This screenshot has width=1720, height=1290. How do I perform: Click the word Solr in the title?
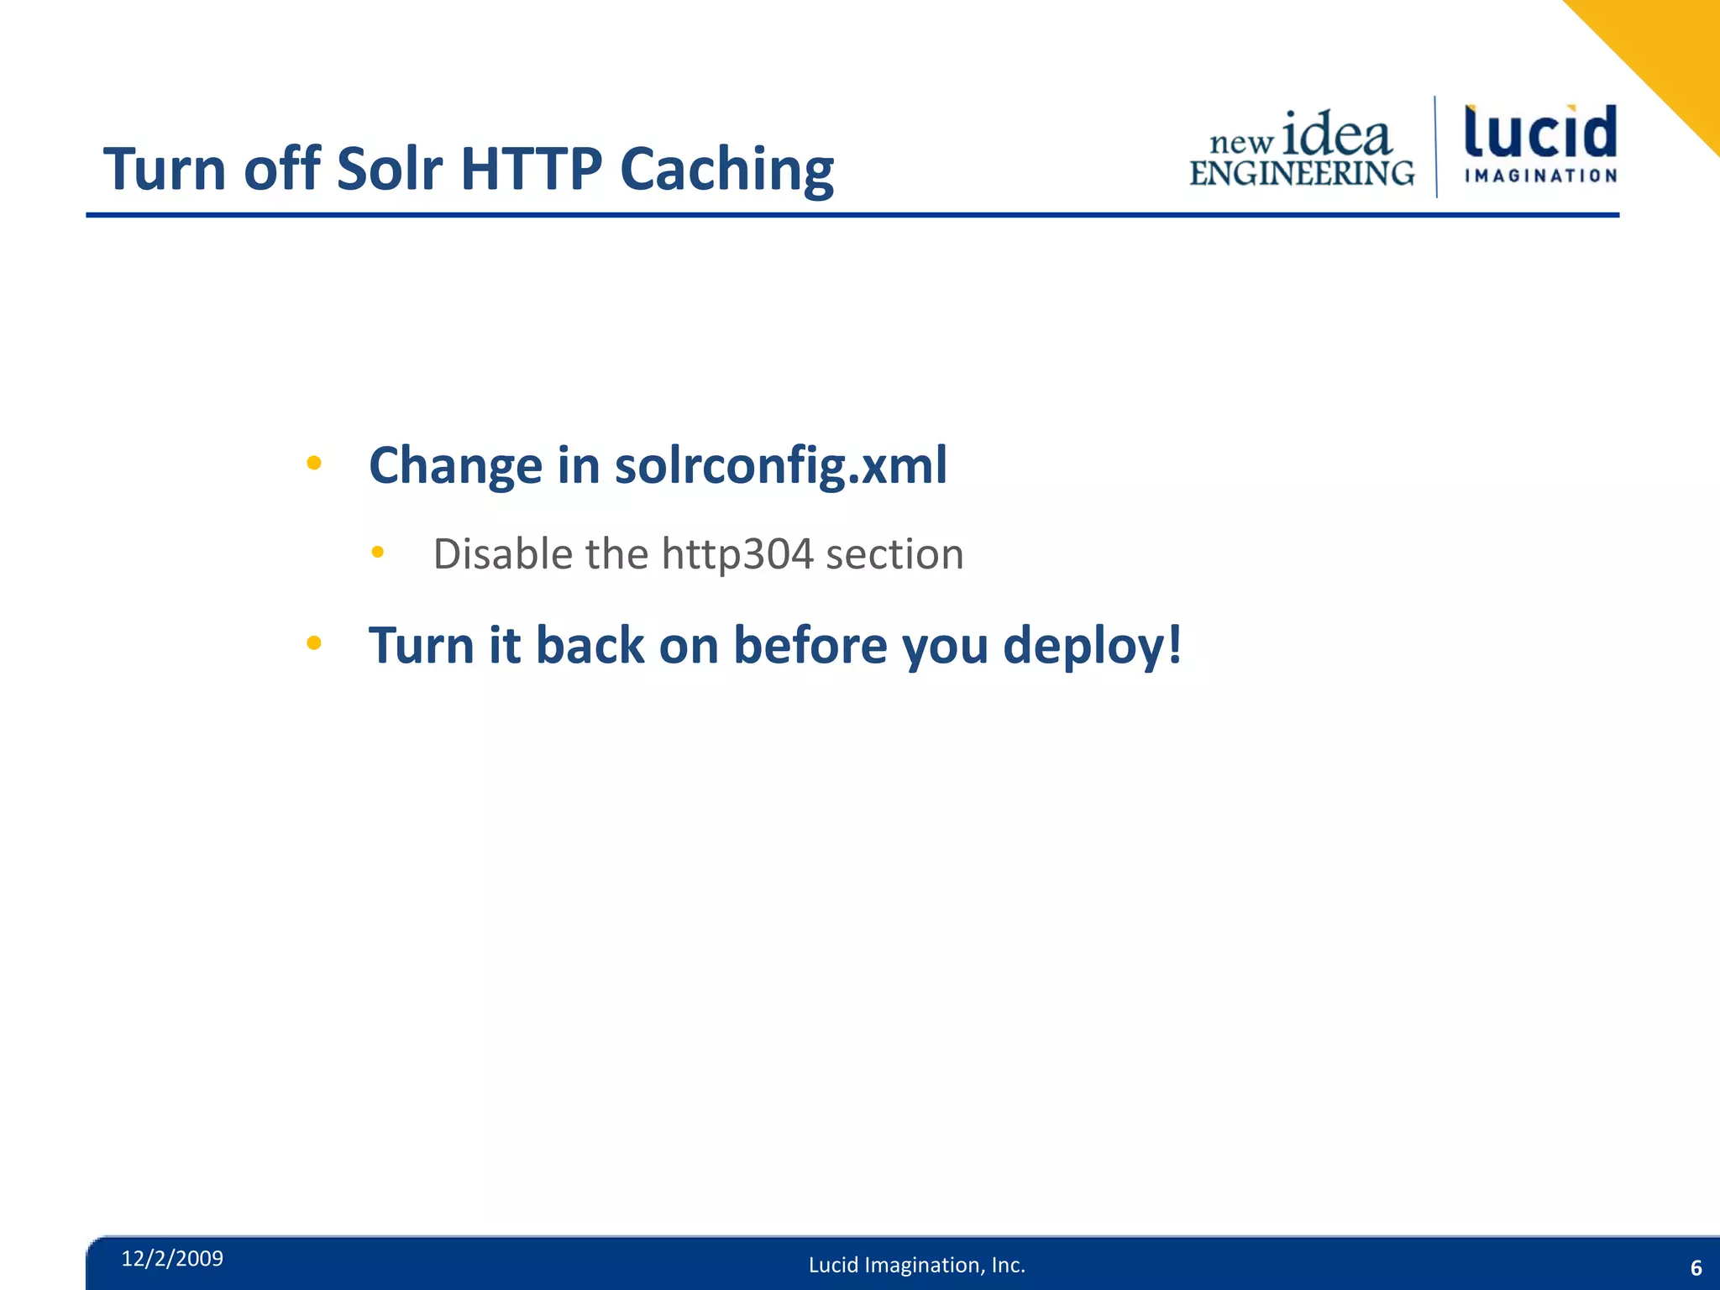pos(389,169)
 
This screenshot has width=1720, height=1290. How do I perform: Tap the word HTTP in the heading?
pos(531,169)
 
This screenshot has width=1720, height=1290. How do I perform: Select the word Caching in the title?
pos(726,170)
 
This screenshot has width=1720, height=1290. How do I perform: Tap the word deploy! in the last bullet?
pos(1092,647)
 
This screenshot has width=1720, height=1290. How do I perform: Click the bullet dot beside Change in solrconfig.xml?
pos(314,462)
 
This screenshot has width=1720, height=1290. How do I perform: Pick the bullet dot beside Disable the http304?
pos(378,552)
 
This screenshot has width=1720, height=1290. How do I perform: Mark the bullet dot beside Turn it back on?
pos(314,643)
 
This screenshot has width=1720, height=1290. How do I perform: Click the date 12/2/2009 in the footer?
pos(172,1258)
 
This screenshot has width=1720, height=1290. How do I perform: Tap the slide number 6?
pos(1696,1267)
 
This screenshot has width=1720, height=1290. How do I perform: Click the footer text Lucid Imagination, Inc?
pos(917,1265)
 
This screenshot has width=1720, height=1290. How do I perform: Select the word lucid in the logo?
pos(1540,133)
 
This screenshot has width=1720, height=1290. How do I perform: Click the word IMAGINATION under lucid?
pos(1540,176)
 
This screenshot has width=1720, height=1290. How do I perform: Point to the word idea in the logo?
pos(1337,134)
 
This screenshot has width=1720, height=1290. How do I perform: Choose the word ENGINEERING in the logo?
pos(1302,173)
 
